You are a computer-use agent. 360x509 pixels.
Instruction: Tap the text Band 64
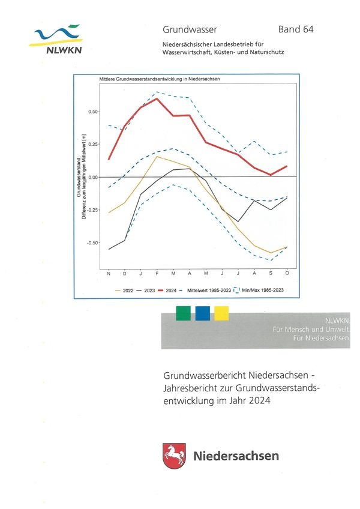296,29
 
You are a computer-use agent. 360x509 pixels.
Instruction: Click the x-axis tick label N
109,274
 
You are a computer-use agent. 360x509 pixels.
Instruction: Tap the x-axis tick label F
157,274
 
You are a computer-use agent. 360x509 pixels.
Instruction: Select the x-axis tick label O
287,274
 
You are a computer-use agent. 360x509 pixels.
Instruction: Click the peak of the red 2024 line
157,98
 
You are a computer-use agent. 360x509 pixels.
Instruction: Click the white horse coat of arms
174,456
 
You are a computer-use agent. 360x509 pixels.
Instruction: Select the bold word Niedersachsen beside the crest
236,456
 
